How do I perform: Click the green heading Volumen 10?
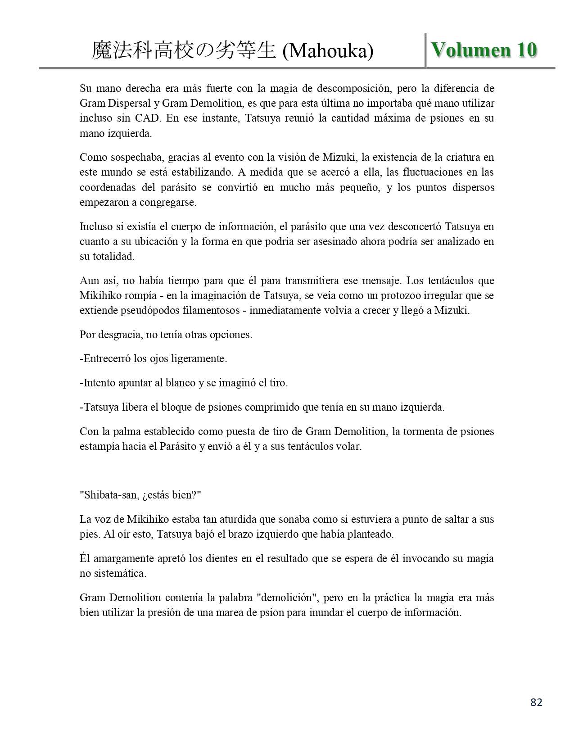(x=484, y=50)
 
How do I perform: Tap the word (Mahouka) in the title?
(x=328, y=51)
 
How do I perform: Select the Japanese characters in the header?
(x=184, y=50)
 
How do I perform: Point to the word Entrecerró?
(x=108, y=359)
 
